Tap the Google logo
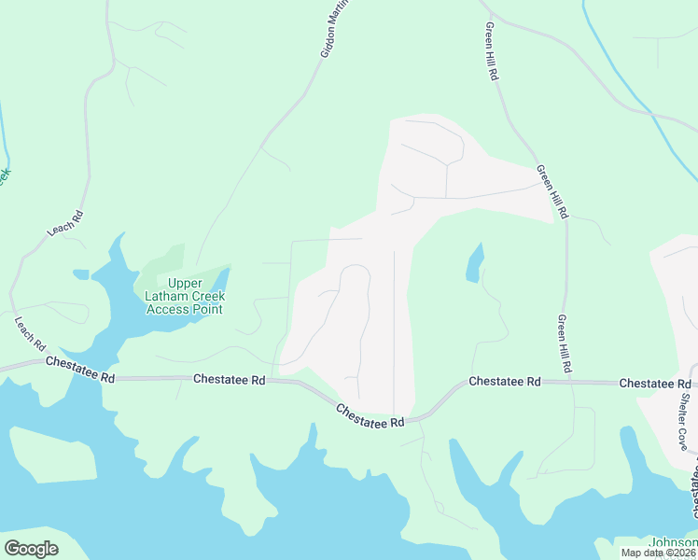(31, 549)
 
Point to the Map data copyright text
(657, 553)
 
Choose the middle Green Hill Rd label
(551, 192)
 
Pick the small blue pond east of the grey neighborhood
(475, 262)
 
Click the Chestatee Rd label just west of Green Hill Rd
(505, 382)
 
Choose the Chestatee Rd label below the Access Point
(230, 380)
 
